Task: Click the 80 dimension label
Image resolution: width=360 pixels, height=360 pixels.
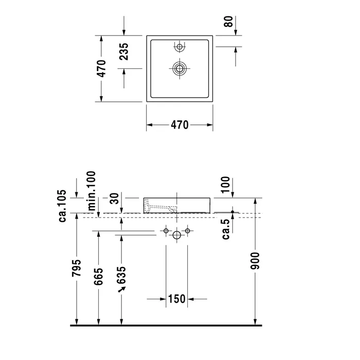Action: [229, 22]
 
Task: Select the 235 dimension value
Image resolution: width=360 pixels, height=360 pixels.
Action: [124, 51]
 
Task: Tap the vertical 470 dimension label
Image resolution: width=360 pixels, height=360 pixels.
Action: [101, 68]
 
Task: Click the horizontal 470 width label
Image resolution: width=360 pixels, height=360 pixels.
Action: [179, 125]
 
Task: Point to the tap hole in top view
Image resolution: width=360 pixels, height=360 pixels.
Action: [179, 47]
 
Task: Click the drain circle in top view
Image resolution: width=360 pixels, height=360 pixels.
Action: [179, 68]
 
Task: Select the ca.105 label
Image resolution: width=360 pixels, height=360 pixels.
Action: [62, 206]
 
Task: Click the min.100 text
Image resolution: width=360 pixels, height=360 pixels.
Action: [92, 191]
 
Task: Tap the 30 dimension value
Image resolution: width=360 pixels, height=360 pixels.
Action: [115, 199]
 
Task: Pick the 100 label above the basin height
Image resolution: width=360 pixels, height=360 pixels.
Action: [225, 185]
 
